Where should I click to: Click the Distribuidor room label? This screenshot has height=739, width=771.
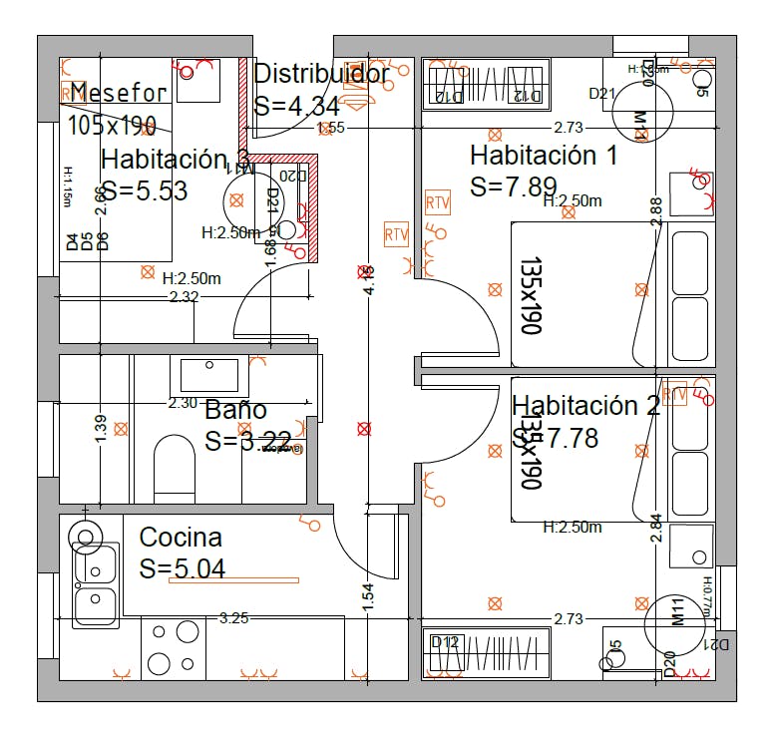(x=321, y=74)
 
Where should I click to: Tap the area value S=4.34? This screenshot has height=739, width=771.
(x=298, y=106)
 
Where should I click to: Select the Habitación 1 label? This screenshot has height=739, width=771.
(x=544, y=156)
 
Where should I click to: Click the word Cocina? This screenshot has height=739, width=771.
(x=181, y=538)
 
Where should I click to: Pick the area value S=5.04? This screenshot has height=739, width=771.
(x=183, y=568)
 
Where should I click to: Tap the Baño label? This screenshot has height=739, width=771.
(x=235, y=410)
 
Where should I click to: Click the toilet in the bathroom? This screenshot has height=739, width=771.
(x=175, y=468)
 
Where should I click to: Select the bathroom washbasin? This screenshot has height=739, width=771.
(x=209, y=374)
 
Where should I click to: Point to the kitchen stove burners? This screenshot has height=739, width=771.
(x=173, y=646)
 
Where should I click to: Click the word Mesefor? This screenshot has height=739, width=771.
(x=119, y=94)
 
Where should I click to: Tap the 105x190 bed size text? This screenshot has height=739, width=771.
(x=112, y=125)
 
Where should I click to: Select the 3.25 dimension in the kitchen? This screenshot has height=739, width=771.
(x=233, y=618)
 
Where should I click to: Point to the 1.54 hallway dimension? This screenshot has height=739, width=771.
(x=368, y=595)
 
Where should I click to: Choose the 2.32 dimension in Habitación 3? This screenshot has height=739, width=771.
(x=184, y=297)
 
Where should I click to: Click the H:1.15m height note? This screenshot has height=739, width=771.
(x=68, y=185)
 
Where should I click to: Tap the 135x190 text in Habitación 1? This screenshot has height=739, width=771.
(x=529, y=296)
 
